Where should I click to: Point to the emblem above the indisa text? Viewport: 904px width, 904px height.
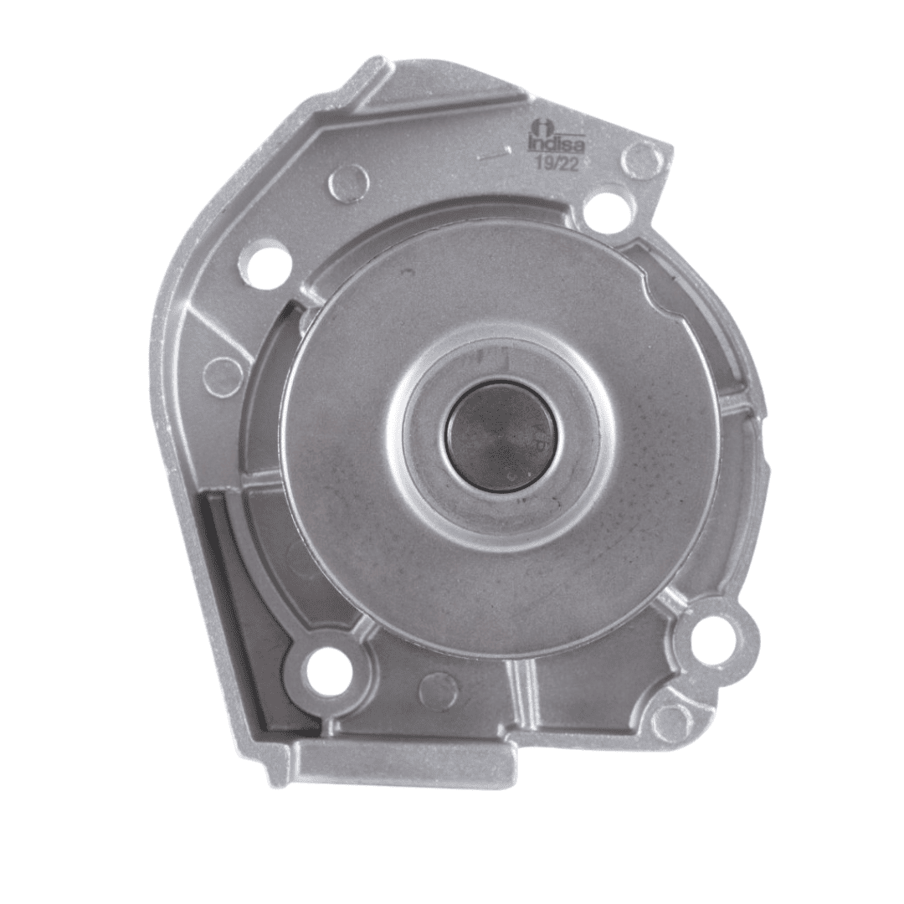pyautogui.click(x=542, y=126)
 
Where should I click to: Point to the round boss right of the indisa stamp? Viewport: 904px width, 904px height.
pyautogui.click(x=642, y=157)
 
